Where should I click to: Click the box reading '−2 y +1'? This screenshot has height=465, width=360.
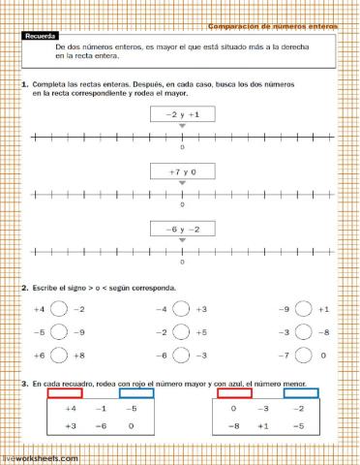tap(182, 114)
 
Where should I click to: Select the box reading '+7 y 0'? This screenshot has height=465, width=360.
tap(182, 172)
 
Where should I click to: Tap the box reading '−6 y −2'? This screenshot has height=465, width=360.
tap(182, 230)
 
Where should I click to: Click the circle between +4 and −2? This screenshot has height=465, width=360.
tap(58, 309)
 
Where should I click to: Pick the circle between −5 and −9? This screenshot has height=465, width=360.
tap(58, 332)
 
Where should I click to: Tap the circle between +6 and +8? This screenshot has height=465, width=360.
tap(58, 356)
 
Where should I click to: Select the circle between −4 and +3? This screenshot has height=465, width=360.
tap(180, 309)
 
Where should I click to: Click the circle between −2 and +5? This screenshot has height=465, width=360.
tap(180, 332)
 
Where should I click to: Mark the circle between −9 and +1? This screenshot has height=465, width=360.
tap(302, 309)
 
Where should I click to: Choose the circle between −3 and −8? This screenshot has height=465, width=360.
tap(302, 332)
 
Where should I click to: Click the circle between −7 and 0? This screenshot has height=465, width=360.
tap(302, 356)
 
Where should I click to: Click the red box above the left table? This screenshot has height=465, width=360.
tap(64, 393)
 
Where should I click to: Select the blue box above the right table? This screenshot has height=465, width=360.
tap(303, 393)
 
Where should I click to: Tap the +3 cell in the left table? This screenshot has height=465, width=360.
tap(70, 425)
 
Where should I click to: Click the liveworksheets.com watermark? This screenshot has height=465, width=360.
tap(39, 456)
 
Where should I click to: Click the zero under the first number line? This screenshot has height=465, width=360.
tap(183, 148)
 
